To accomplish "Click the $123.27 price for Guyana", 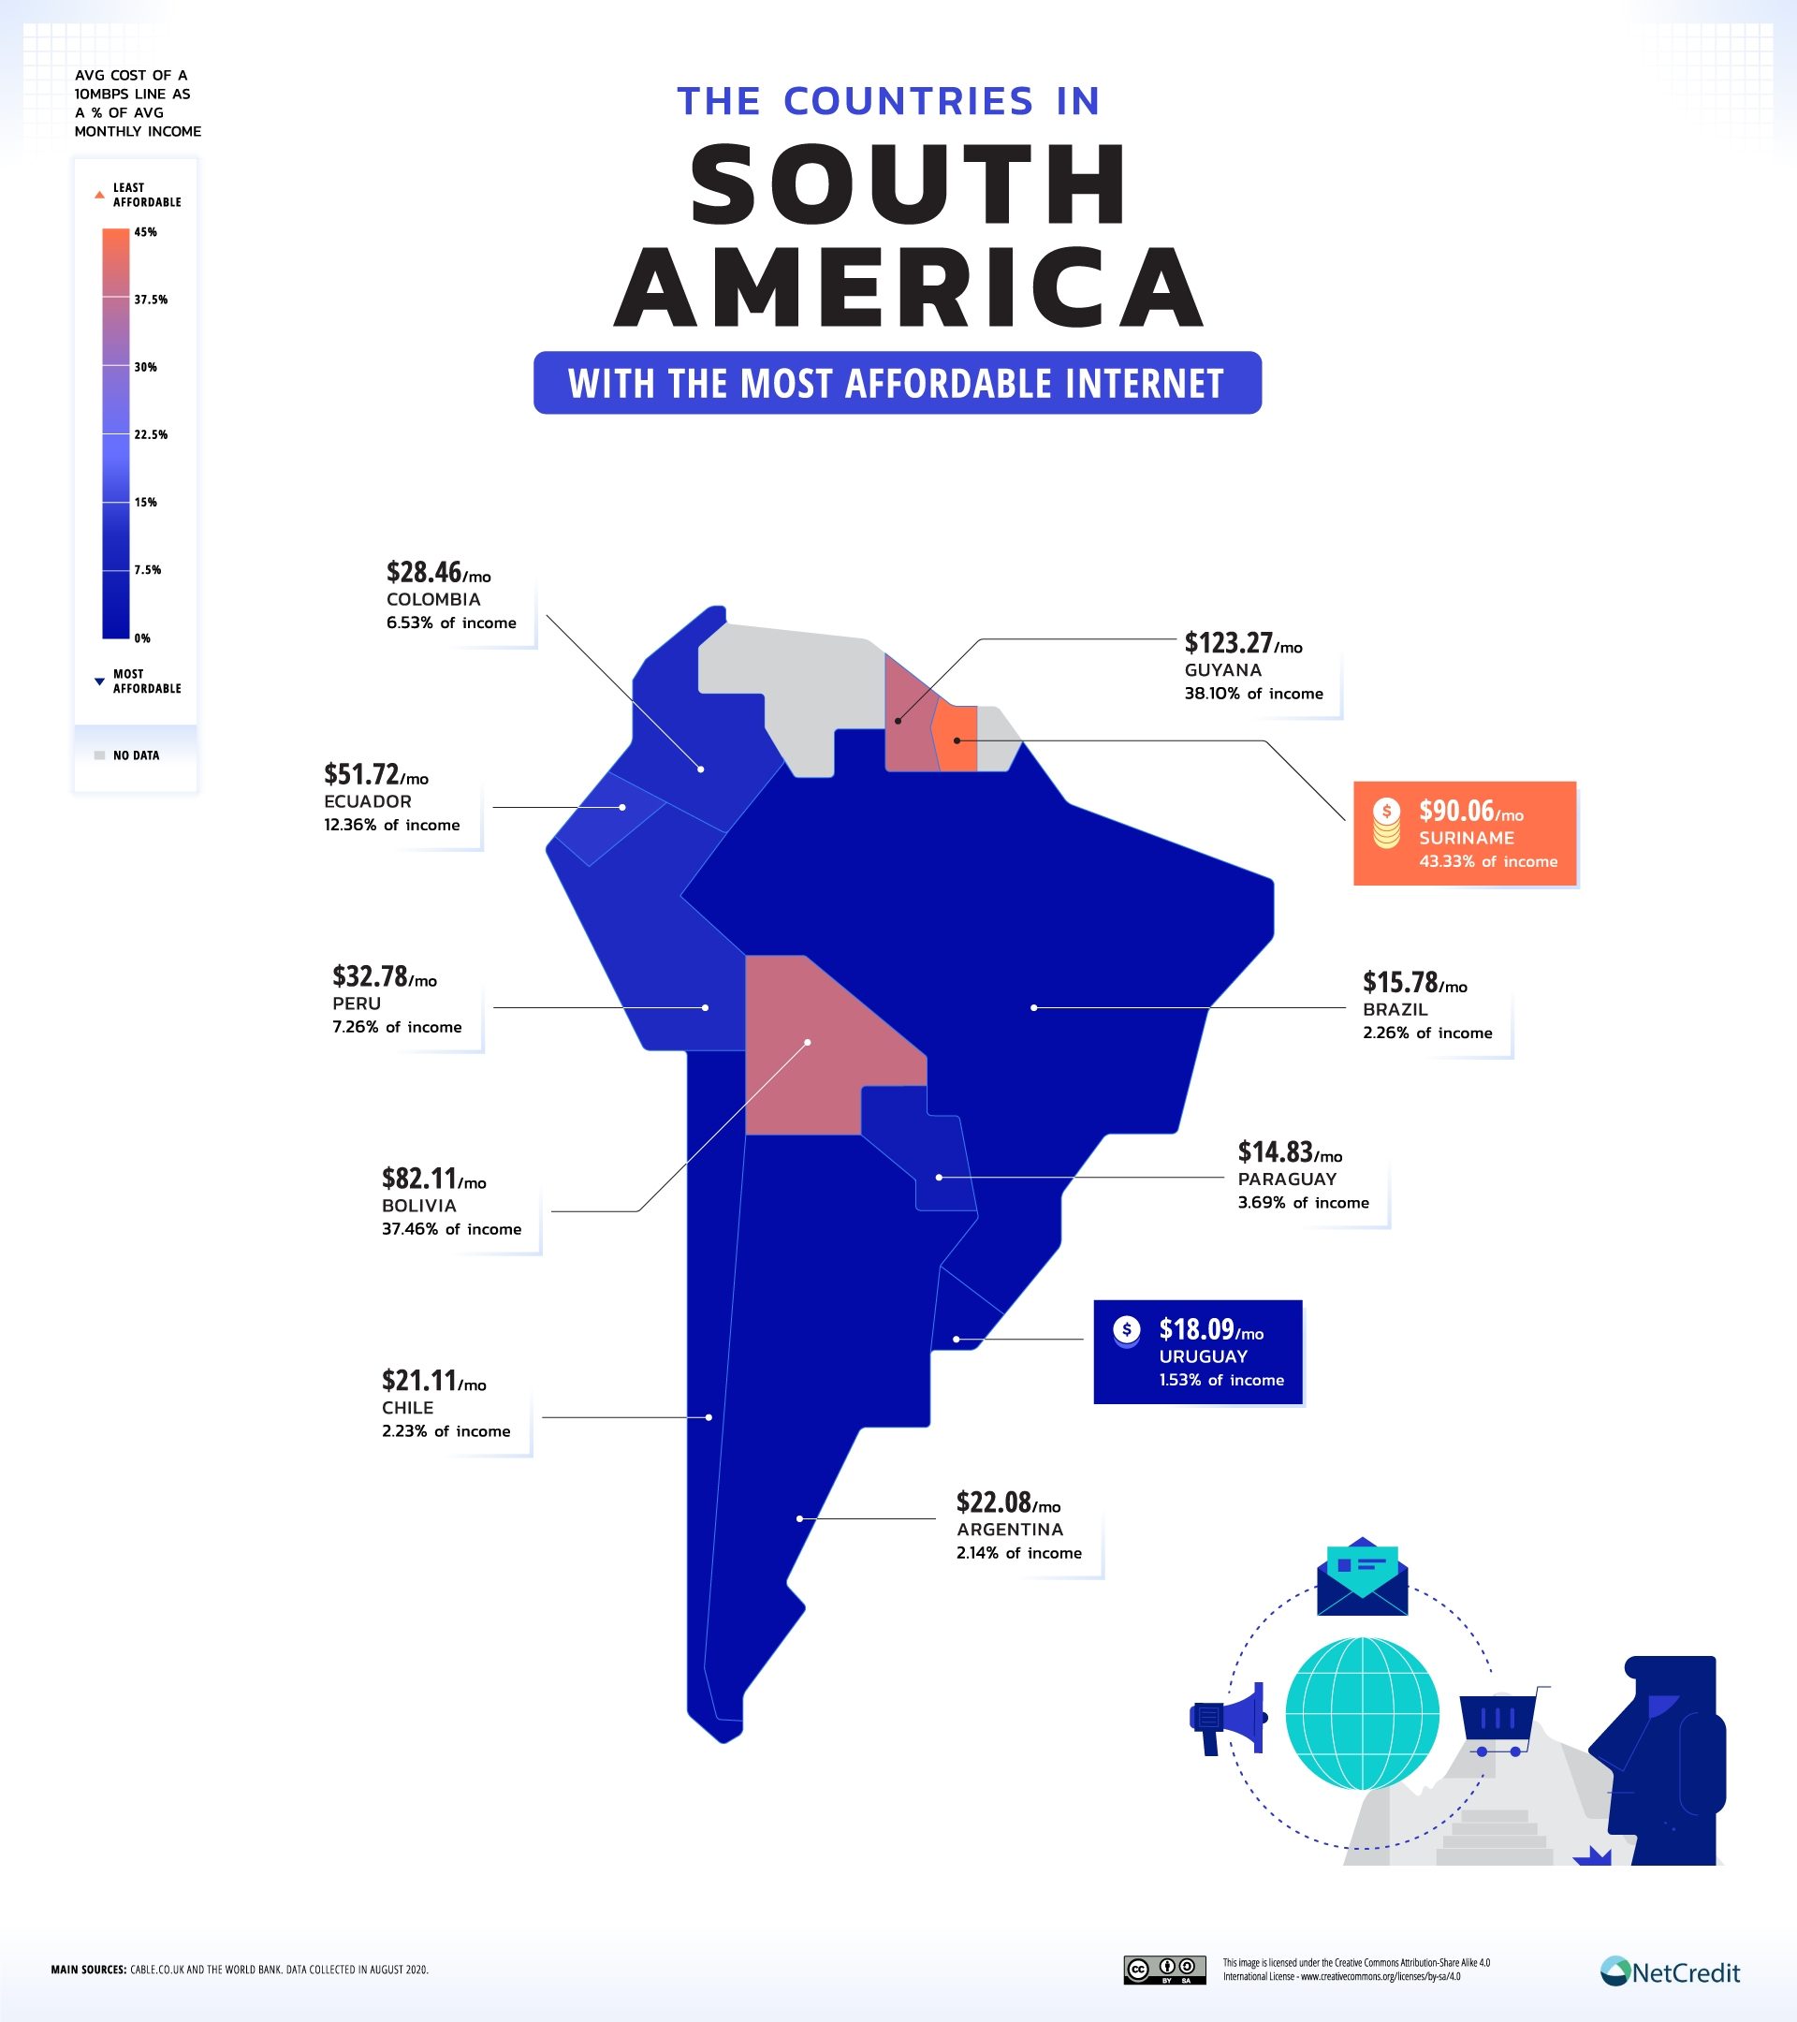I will coord(1228,643).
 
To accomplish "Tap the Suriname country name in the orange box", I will coord(1467,838).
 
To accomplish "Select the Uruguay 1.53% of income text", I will coord(1221,1380).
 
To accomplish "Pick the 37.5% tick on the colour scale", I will coord(151,300).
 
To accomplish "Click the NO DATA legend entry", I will coord(136,755).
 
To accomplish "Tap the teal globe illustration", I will coord(1362,1713).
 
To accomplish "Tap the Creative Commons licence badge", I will coord(1164,1970).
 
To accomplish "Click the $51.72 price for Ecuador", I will coord(362,774).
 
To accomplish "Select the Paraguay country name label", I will coord(1287,1179).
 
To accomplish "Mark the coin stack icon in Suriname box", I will coord(1386,823).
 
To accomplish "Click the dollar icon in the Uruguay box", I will coord(1127,1331).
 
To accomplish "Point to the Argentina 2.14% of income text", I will coord(1018,1553).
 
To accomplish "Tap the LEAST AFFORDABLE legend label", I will coord(146,195).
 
